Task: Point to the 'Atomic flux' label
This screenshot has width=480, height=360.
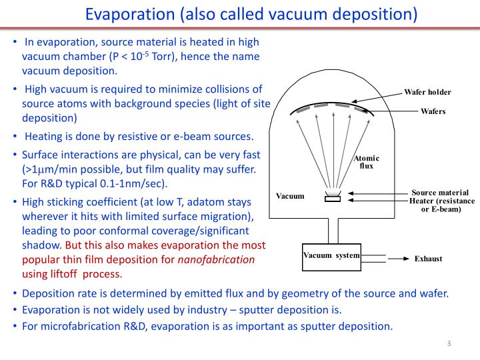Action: [x=367, y=162]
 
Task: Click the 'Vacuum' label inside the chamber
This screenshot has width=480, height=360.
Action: [x=290, y=196]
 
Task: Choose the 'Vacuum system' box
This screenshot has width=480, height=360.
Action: [x=331, y=256]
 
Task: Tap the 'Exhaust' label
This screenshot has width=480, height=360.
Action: [x=428, y=259]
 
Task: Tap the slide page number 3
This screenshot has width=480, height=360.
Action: [x=449, y=344]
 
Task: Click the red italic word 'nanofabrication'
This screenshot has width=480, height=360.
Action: [x=216, y=260]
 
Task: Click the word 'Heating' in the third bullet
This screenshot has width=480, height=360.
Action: [x=44, y=137]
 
